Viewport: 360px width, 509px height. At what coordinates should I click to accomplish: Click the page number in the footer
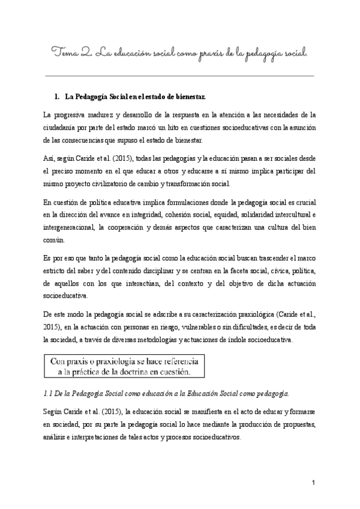click(313, 483)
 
